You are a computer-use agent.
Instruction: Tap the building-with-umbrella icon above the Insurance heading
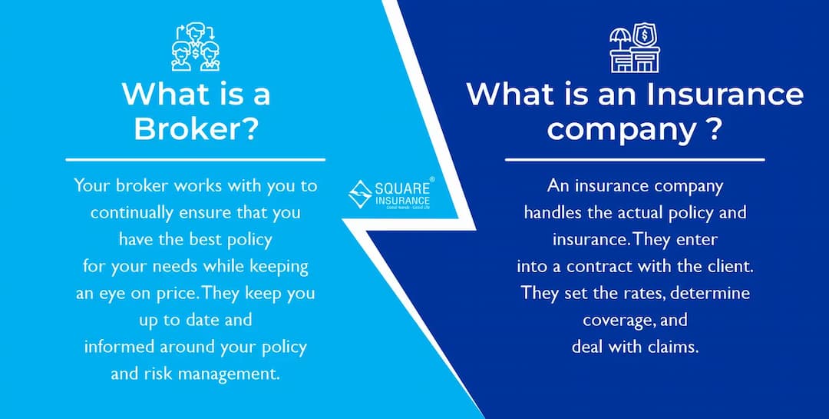(x=634, y=48)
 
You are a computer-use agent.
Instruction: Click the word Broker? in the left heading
(x=195, y=128)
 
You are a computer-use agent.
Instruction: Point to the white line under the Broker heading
(x=195, y=160)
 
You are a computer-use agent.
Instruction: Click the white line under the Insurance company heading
(x=634, y=160)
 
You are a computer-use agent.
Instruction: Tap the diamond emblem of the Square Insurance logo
(x=360, y=194)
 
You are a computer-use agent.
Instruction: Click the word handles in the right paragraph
(x=553, y=212)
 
